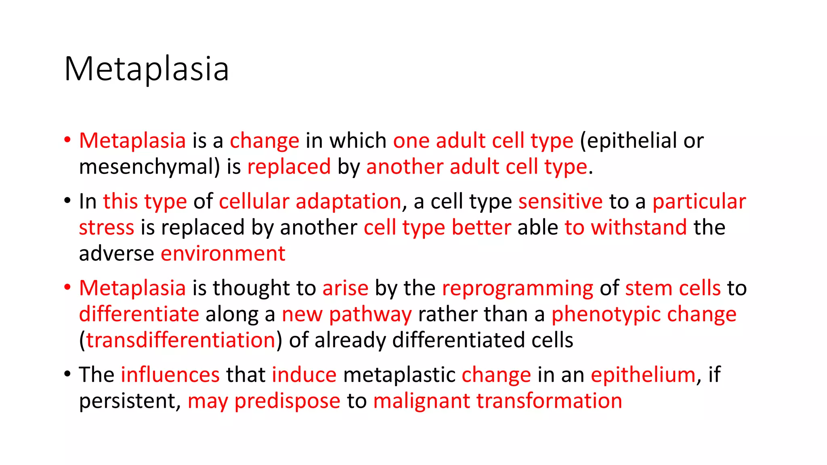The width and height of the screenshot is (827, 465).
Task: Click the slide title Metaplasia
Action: pyautogui.click(x=146, y=69)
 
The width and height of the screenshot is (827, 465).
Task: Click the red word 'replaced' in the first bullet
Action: pyautogui.click(x=289, y=167)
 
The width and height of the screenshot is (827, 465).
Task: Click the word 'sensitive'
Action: pyautogui.click(x=560, y=201)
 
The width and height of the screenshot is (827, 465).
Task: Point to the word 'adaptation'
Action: pyautogui.click(x=348, y=201)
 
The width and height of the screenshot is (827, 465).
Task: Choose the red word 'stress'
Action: pyautogui.click(x=106, y=227)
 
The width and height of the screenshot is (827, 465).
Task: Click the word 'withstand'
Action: pyautogui.click(x=639, y=227)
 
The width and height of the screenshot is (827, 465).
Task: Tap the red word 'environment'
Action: pyautogui.click(x=223, y=253)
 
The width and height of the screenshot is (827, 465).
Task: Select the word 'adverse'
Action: pyautogui.click(x=116, y=253)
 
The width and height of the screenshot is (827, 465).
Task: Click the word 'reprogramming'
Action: pyautogui.click(x=517, y=288)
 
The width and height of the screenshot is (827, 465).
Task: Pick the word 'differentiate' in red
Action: pyautogui.click(x=139, y=314)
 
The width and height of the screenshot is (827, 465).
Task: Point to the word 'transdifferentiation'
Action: pyautogui.click(x=181, y=340)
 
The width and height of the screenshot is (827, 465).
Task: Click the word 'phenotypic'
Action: pyautogui.click(x=606, y=314)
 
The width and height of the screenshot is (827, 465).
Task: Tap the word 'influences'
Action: pyautogui.click(x=170, y=375)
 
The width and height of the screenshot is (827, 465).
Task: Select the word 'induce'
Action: pyautogui.click(x=304, y=375)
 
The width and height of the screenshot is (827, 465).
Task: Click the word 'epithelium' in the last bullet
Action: pyautogui.click(x=643, y=375)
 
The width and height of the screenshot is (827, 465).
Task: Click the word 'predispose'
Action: pyautogui.click(x=287, y=401)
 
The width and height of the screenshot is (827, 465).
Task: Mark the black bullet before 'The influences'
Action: pyautogui.click(x=67, y=373)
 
